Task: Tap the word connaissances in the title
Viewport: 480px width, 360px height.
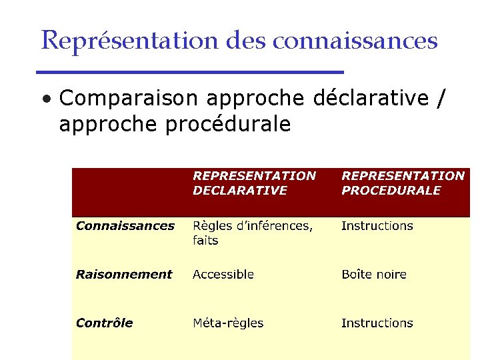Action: (x=355, y=41)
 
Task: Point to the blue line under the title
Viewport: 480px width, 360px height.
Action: (x=189, y=71)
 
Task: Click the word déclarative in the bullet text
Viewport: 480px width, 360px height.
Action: (x=370, y=99)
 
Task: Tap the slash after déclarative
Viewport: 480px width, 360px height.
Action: (x=439, y=99)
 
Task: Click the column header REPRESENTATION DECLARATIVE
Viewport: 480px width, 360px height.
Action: (x=254, y=183)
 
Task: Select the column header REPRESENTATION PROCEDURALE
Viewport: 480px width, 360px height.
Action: (x=403, y=183)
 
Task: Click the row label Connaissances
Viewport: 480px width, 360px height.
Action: (x=125, y=226)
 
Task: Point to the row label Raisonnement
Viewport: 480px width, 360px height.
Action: (x=124, y=275)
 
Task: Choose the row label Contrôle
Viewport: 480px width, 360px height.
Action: (x=104, y=323)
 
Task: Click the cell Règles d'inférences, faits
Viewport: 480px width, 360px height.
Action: (x=252, y=233)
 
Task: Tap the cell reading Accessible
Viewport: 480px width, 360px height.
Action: (x=223, y=275)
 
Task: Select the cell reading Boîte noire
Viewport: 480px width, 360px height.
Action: (x=373, y=275)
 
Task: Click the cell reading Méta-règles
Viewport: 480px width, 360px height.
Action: (x=228, y=323)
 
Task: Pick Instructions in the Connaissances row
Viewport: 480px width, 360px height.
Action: (x=377, y=226)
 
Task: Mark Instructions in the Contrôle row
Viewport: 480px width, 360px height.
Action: (x=377, y=323)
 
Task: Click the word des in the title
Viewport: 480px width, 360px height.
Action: (x=246, y=41)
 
